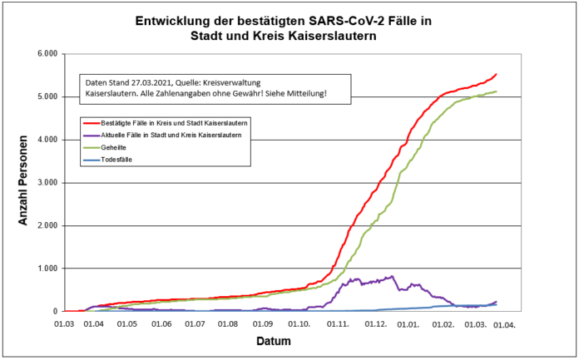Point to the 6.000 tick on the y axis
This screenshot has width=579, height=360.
point(44,54)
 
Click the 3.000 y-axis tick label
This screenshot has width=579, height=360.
point(44,183)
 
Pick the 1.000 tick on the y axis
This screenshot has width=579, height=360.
point(44,269)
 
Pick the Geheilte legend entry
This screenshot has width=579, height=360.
point(120,146)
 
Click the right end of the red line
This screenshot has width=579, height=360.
point(497,74)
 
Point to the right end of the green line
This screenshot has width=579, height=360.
point(497,91)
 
